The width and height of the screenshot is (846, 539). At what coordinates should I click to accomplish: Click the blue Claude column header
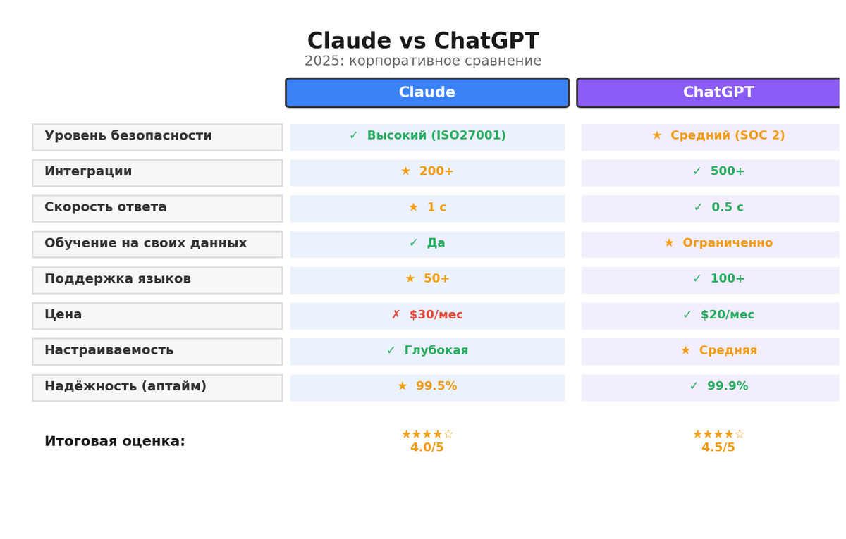427,92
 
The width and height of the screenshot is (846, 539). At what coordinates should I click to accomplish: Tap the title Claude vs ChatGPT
423,42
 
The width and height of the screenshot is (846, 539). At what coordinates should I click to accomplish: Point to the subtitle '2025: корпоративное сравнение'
423,61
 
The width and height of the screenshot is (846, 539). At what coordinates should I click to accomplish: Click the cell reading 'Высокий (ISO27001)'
427,137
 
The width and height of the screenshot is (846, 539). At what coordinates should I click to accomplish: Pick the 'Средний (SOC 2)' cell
718,137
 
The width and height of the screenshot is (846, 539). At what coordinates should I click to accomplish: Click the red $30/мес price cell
427,316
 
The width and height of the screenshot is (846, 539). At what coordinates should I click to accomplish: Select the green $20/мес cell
718,316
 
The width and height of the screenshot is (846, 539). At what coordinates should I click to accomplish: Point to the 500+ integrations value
718,173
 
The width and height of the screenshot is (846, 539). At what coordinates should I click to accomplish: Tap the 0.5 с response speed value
718,209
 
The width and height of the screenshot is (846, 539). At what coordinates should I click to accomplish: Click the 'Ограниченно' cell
718,244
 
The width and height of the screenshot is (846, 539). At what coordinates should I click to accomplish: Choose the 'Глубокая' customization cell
427,352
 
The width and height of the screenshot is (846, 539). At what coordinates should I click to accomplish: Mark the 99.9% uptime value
718,387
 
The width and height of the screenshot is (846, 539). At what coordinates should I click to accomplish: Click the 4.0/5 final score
427,447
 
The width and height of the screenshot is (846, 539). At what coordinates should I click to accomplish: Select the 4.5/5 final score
718,447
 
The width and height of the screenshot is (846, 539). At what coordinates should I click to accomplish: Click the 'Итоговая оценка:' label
115,442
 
